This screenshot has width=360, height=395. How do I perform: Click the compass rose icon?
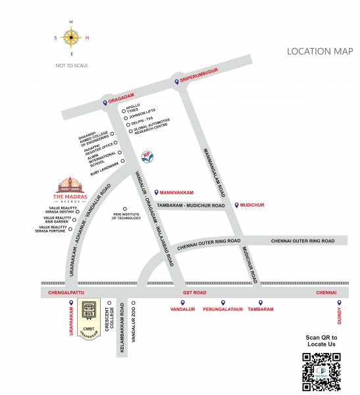(72, 38)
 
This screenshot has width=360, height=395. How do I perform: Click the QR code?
(321, 372)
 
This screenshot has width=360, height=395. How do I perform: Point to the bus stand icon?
(88, 309)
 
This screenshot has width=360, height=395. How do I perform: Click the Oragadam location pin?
(104, 103)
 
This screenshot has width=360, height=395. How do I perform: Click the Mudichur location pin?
(237, 205)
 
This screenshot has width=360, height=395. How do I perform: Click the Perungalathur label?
(223, 309)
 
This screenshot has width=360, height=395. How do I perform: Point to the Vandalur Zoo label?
(134, 328)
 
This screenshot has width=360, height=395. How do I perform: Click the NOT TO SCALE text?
(72, 65)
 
